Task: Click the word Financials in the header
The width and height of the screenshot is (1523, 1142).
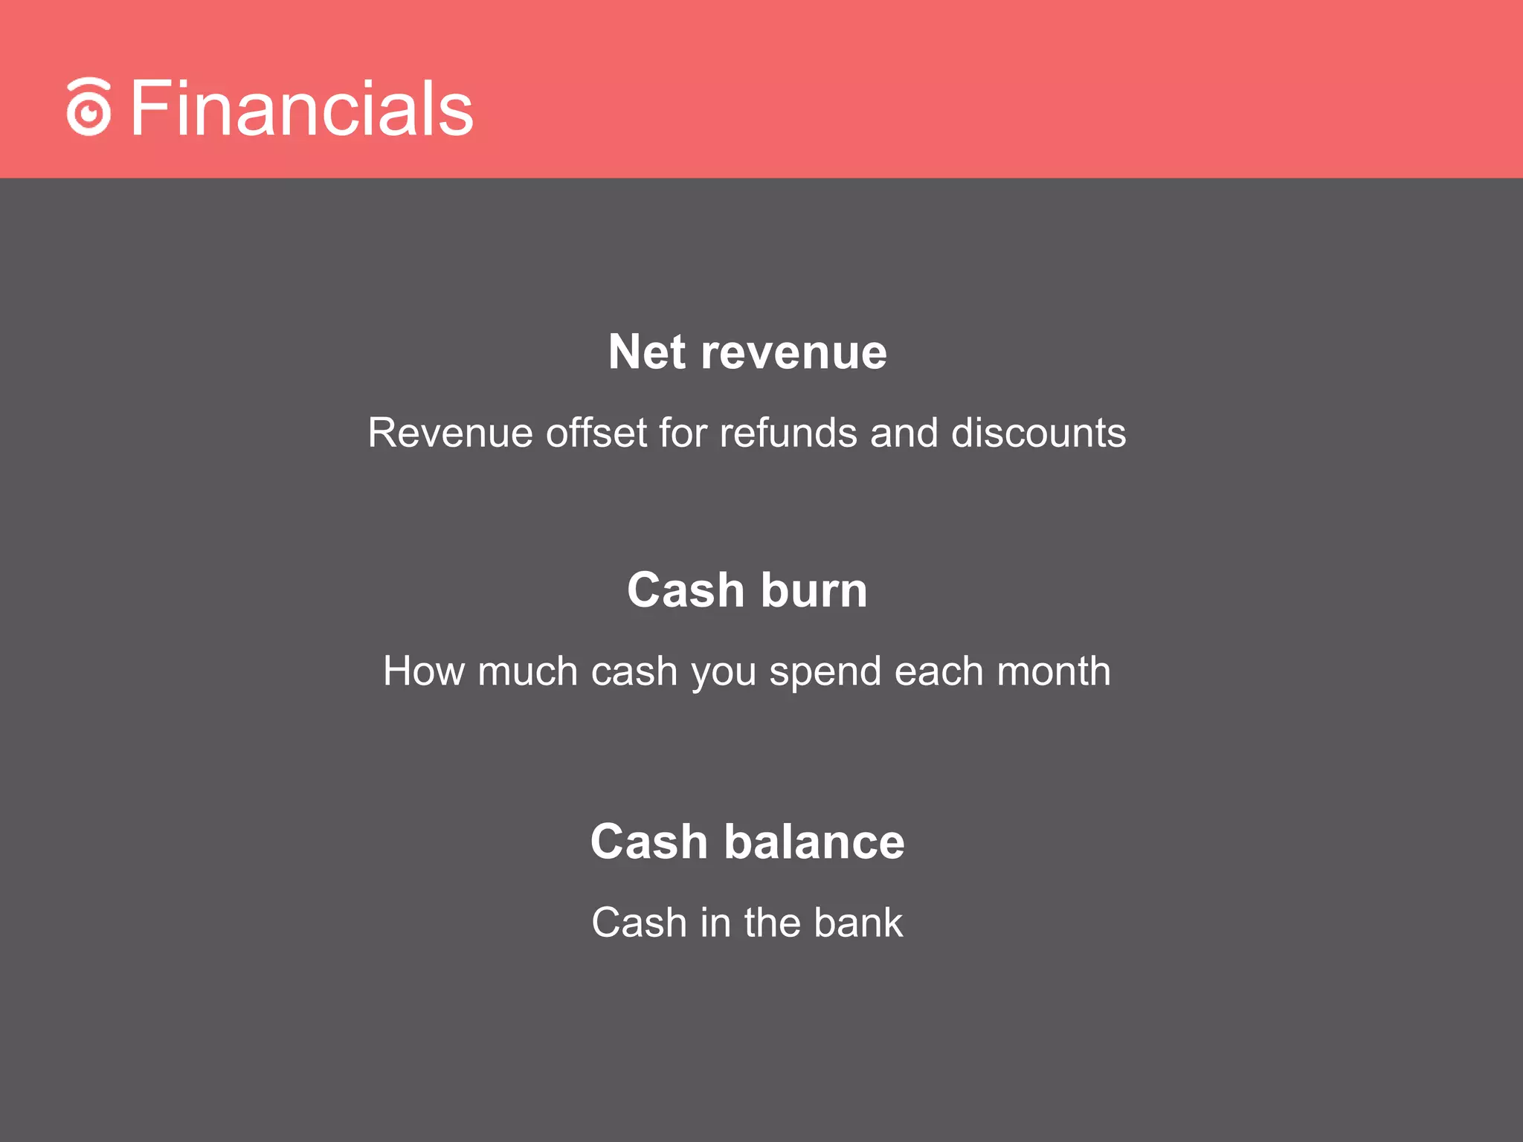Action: coord(301,109)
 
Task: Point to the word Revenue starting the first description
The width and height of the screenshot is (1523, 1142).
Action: coord(450,433)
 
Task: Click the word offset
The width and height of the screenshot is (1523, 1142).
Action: coord(596,433)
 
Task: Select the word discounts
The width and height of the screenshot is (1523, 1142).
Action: coord(1038,433)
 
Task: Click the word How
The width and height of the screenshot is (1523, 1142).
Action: coord(424,671)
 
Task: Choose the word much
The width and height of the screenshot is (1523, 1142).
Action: coord(527,671)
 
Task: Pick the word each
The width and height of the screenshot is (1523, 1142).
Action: coord(938,671)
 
